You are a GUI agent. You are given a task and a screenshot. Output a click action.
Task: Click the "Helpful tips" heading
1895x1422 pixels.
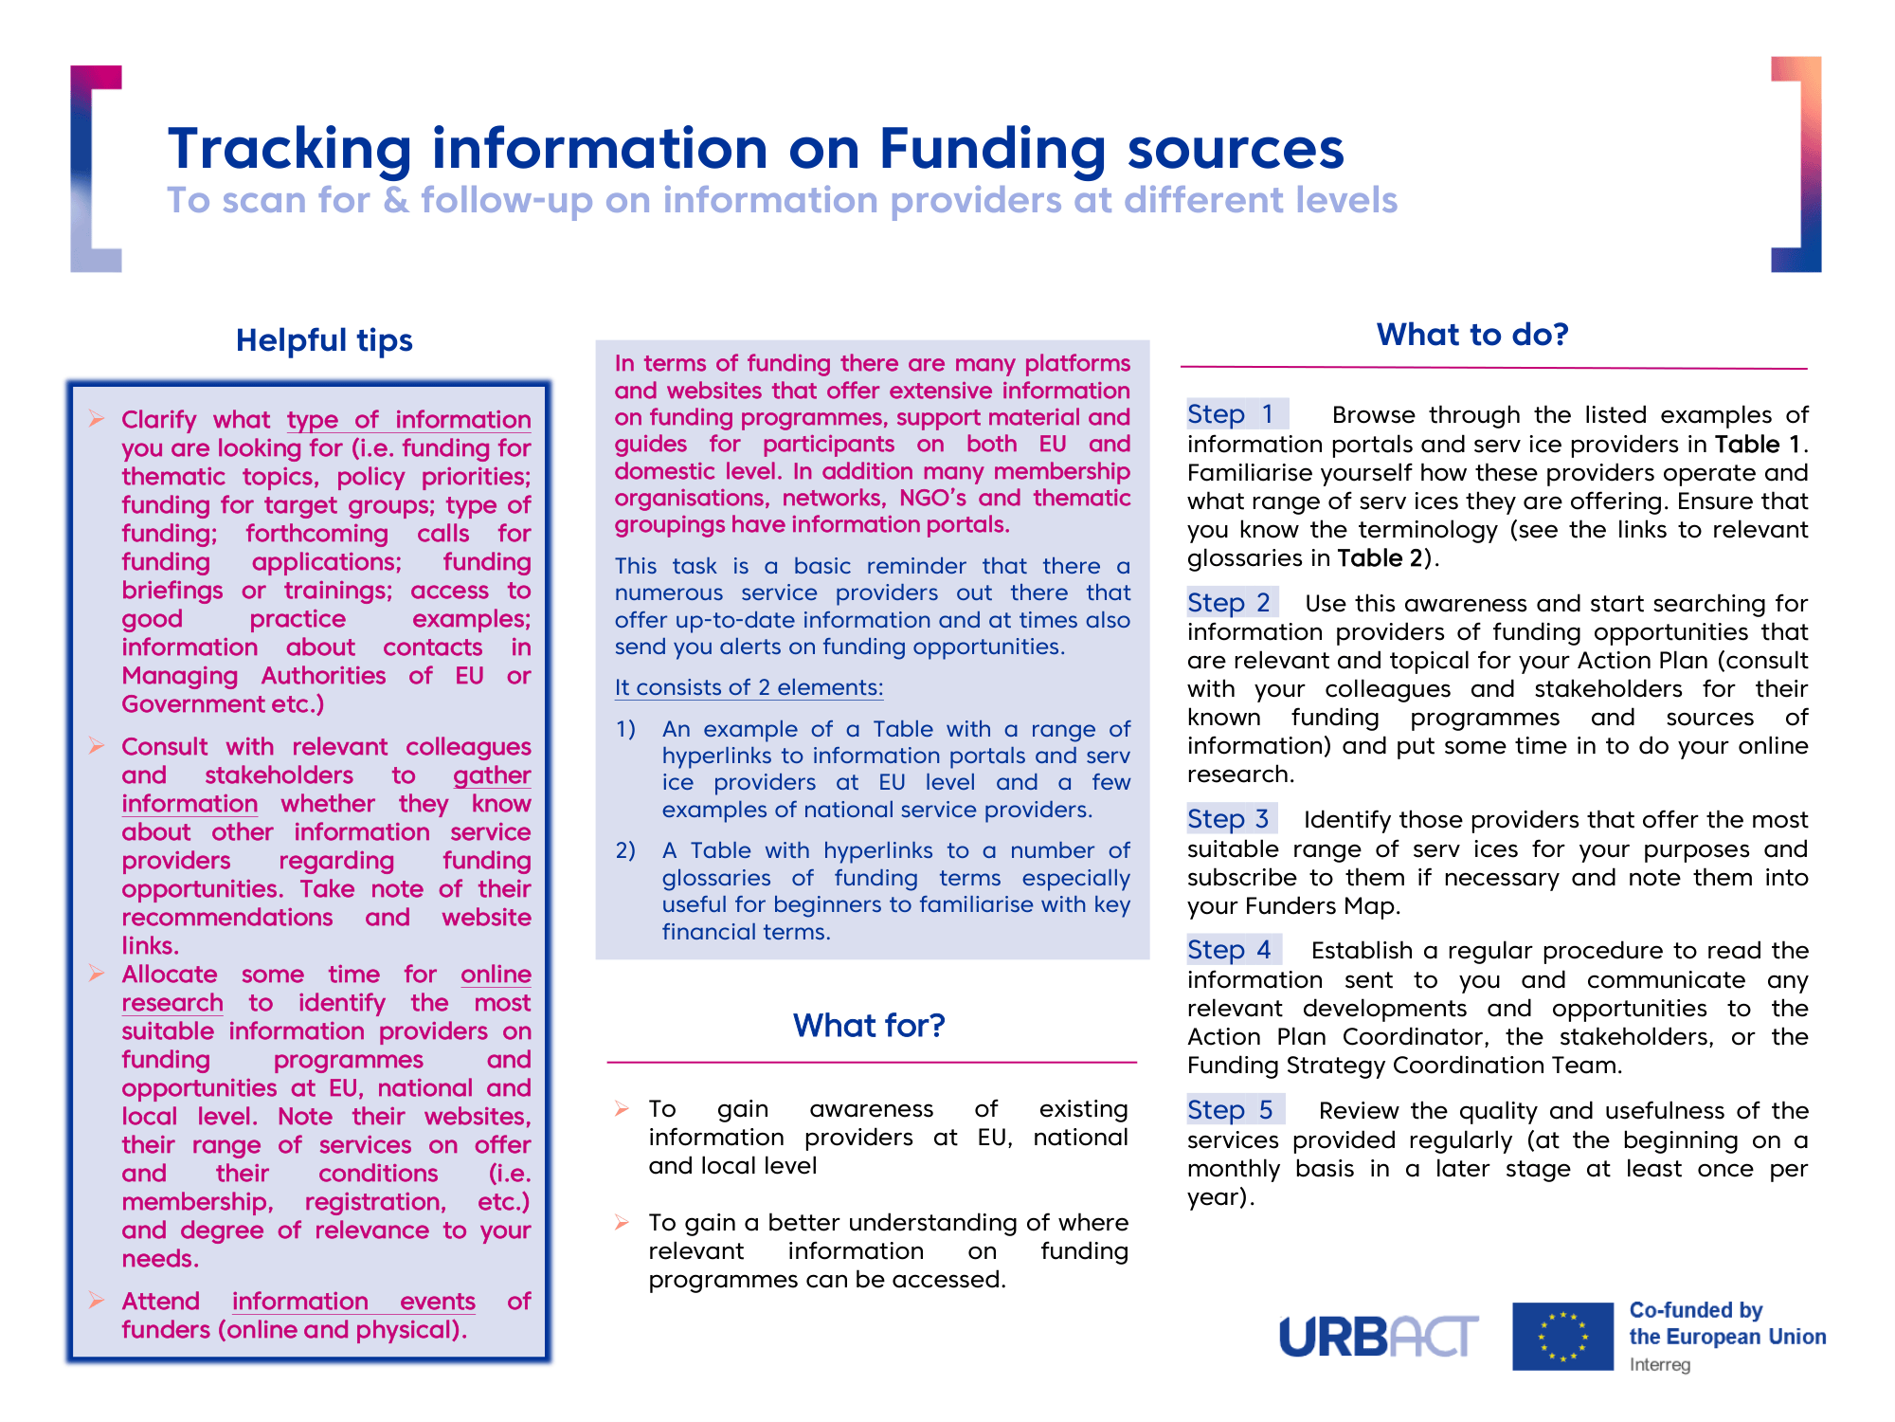coord(324,340)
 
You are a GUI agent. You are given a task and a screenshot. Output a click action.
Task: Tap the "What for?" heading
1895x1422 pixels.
coord(869,1026)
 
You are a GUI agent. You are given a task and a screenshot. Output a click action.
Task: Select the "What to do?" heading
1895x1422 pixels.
coord(1472,335)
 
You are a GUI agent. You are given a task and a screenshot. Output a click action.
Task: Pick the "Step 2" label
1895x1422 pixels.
coord(1229,603)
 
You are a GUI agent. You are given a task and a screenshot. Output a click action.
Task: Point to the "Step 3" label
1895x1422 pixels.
coord(1228,819)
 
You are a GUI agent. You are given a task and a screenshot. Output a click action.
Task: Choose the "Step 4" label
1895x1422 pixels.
coord(1229,950)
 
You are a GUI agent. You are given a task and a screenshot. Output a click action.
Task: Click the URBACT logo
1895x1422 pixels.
coord(1378,1337)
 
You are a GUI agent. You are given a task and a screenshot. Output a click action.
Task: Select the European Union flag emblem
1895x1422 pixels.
coord(1561,1337)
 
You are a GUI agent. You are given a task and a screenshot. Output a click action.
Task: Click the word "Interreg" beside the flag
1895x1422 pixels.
coord(1659,1365)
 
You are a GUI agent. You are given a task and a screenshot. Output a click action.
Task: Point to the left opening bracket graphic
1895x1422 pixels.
coord(95,169)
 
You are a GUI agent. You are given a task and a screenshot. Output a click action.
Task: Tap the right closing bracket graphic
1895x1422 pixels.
coord(1797,165)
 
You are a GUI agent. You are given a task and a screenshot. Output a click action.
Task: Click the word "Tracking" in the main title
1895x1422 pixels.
coord(290,149)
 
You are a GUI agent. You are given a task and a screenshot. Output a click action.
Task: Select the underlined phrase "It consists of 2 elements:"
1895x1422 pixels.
coord(749,687)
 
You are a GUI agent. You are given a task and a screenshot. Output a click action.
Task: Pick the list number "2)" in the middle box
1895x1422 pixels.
coord(625,850)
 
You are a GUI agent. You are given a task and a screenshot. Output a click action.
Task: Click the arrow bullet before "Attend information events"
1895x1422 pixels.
coord(97,1301)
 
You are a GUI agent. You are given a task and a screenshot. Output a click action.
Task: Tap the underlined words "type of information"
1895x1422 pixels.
coord(408,420)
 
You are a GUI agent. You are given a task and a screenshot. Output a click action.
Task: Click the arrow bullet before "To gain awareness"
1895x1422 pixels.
coord(622,1109)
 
